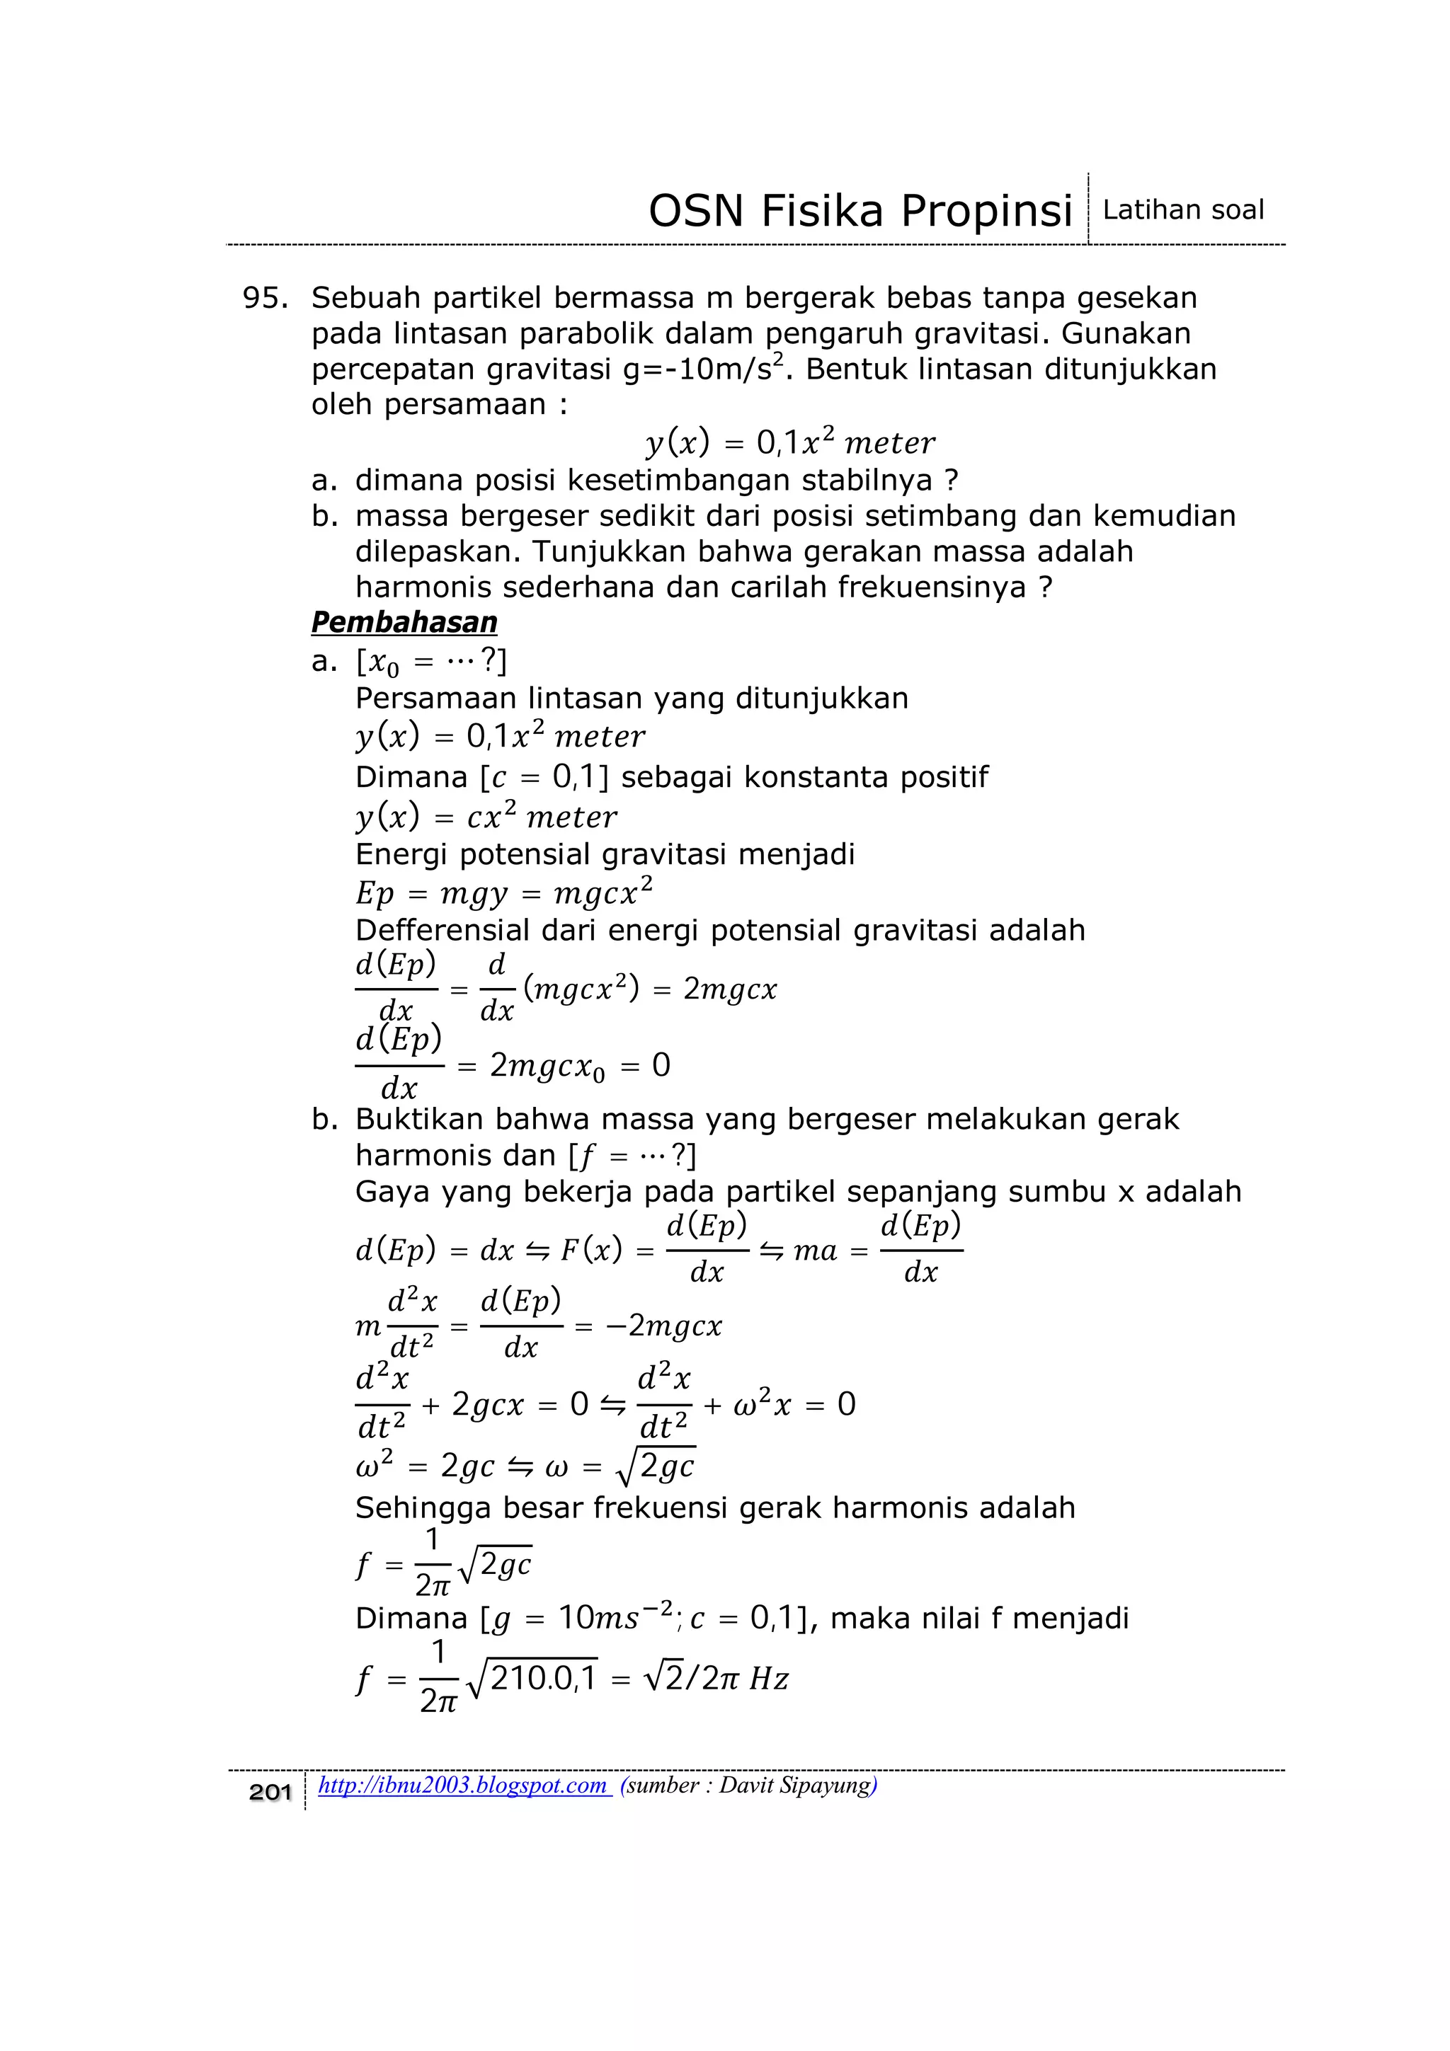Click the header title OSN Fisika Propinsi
tap(860, 212)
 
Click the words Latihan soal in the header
tap(1183, 210)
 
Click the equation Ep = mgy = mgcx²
tap(504, 892)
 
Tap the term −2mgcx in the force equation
tap(662, 1326)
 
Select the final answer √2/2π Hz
tap(714, 1679)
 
